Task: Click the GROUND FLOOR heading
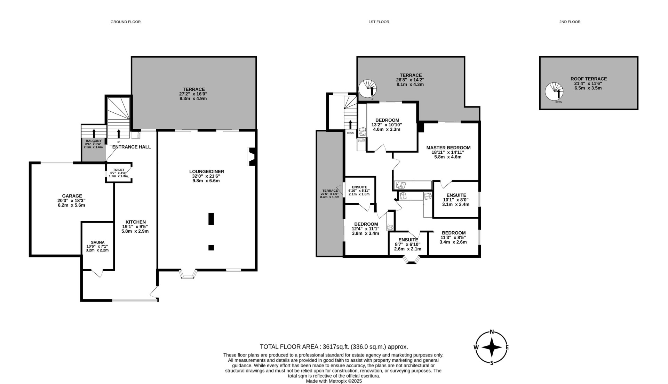pos(126,22)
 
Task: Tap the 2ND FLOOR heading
pos(570,22)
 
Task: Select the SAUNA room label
pos(97,242)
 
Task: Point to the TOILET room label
pos(119,170)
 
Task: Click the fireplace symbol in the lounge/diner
pos(251,157)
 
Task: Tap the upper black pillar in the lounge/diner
pos(211,219)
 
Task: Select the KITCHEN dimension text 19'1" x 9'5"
pos(136,226)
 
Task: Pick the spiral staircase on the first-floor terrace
pos(368,89)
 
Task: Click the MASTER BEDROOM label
pos(448,148)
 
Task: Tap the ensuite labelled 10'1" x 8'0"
pos(456,200)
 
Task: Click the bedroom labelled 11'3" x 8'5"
pos(454,238)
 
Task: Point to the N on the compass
pos(492,331)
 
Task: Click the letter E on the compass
pos(507,347)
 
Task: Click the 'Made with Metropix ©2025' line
pos(334,381)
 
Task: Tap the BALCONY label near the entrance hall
pos(94,141)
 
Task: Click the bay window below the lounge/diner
pos(188,274)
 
